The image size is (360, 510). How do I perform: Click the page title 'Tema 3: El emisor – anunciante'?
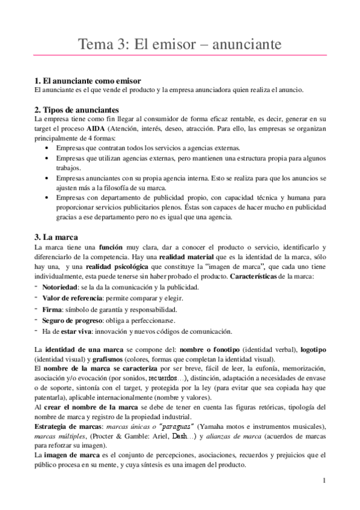(180, 45)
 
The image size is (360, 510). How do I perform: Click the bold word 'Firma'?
(52, 309)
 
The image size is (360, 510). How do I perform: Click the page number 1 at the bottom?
(324, 481)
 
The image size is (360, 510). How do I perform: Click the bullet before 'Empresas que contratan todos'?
(48, 148)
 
